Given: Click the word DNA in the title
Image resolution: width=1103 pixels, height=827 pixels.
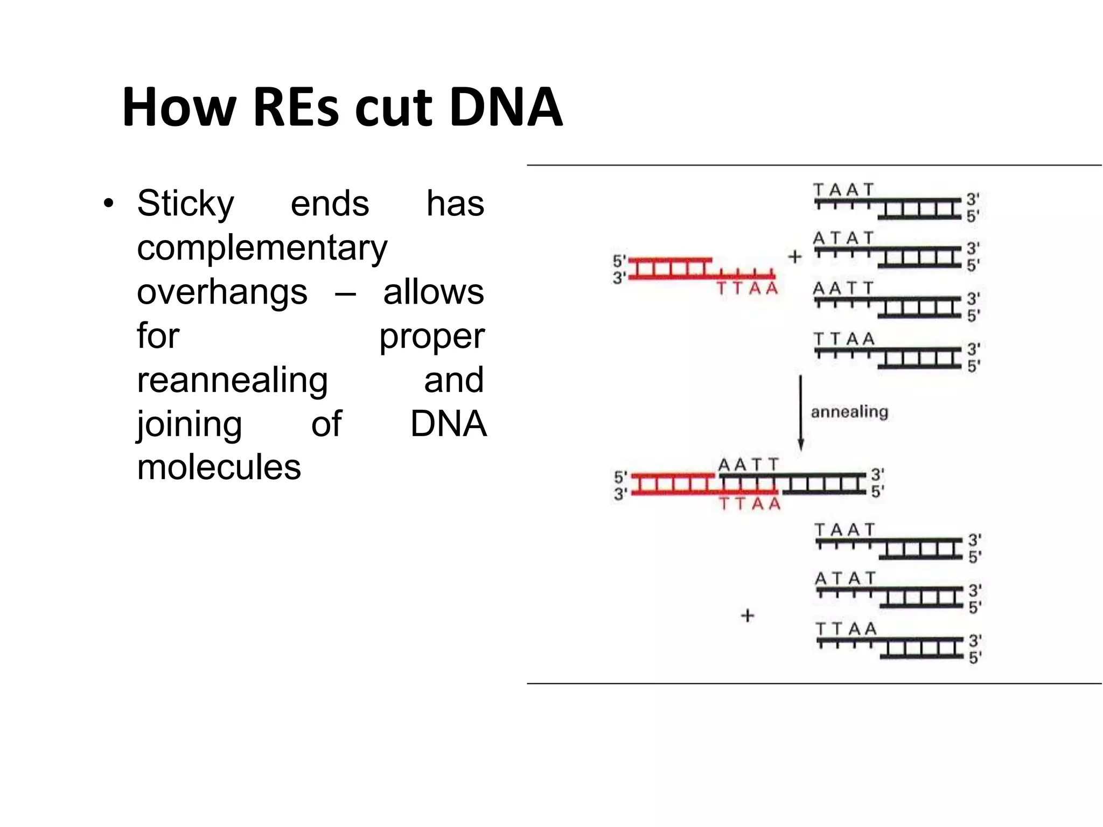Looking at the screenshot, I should (506, 108).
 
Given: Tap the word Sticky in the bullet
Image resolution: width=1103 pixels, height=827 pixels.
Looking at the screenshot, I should (185, 204).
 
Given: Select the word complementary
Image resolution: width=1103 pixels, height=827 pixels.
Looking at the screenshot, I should (262, 248).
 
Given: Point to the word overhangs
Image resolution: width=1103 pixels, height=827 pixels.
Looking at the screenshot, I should (222, 292).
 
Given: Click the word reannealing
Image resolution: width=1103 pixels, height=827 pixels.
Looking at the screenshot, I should (232, 380).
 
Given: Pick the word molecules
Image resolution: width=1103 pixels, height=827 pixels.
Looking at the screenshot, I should (219, 467).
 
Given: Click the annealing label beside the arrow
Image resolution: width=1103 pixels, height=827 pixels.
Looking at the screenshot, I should (849, 412).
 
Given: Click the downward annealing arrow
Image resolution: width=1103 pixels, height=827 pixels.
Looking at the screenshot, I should (800, 412).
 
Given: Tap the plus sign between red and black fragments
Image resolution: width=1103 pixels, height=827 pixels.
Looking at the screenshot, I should (795, 257).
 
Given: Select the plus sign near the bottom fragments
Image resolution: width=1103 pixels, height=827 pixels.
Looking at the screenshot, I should (748, 615).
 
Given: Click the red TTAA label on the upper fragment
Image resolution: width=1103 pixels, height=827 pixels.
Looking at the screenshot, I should (748, 289).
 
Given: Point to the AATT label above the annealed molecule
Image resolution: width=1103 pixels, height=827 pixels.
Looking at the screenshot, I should (749, 465).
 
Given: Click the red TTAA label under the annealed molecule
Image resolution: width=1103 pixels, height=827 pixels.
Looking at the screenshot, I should (750, 504).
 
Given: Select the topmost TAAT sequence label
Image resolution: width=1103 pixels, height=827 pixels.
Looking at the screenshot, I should (843, 190).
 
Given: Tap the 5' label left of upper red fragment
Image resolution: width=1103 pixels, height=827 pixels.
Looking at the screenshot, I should (619, 261).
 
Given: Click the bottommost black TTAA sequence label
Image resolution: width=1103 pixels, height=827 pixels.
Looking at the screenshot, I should (846, 628).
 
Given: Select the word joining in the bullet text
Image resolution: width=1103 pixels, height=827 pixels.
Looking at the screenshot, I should (189, 424).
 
